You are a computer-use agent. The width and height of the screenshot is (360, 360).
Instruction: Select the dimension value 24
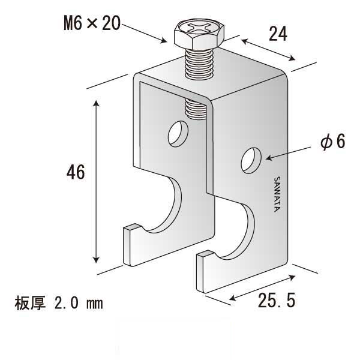pos(277,34)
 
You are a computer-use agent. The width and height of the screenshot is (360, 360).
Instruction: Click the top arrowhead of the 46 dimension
pos(97,106)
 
